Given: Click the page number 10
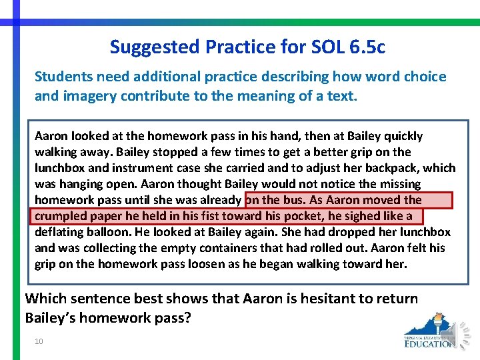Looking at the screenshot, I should click(39, 341).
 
